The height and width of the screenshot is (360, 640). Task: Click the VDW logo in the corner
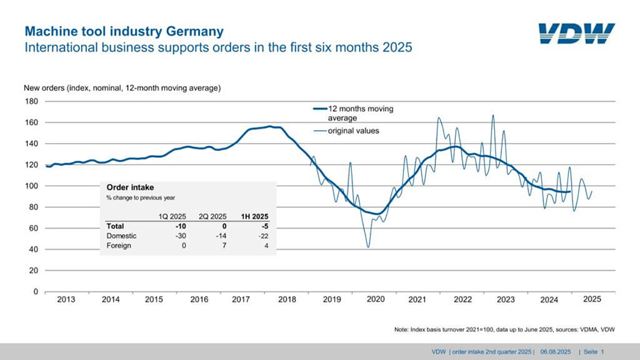(576, 33)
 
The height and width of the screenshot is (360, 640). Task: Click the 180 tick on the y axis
(31, 101)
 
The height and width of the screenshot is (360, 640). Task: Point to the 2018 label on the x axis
(287, 300)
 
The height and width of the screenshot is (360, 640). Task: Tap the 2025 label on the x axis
(592, 300)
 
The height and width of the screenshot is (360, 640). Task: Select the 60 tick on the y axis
(33, 228)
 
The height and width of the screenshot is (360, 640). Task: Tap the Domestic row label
(121, 235)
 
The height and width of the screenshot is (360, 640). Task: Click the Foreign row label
(119, 245)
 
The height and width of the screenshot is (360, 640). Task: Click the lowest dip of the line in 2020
(368, 247)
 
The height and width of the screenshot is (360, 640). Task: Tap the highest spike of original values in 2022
(493, 115)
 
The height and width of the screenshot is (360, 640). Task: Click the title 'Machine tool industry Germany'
(124, 32)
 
